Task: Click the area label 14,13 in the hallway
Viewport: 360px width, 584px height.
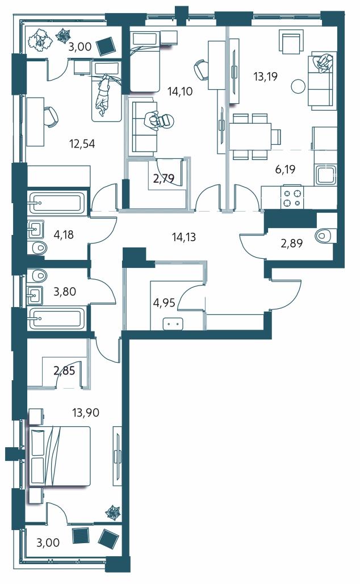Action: pos(184,237)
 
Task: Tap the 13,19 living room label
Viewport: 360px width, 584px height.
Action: pos(265,77)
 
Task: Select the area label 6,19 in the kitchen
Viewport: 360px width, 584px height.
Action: pos(286,170)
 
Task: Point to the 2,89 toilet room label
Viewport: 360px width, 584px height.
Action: pos(291,243)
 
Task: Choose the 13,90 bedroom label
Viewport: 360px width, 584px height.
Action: pos(86,412)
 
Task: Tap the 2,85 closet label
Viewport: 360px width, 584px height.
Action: pos(64,371)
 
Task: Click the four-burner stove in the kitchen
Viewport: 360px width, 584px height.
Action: pos(292,198)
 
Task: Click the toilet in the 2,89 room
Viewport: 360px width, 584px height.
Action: pos(325,236)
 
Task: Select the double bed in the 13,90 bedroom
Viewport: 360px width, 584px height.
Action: pos(60,456)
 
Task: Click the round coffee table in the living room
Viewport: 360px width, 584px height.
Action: pos(298,87)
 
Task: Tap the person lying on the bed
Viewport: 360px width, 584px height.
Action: pos(103,95)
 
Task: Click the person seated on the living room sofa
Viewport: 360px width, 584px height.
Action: pos(325,61)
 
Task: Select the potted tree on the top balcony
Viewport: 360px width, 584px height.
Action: pos(40,39)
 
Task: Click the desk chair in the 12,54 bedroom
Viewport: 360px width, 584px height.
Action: pos(51,117)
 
